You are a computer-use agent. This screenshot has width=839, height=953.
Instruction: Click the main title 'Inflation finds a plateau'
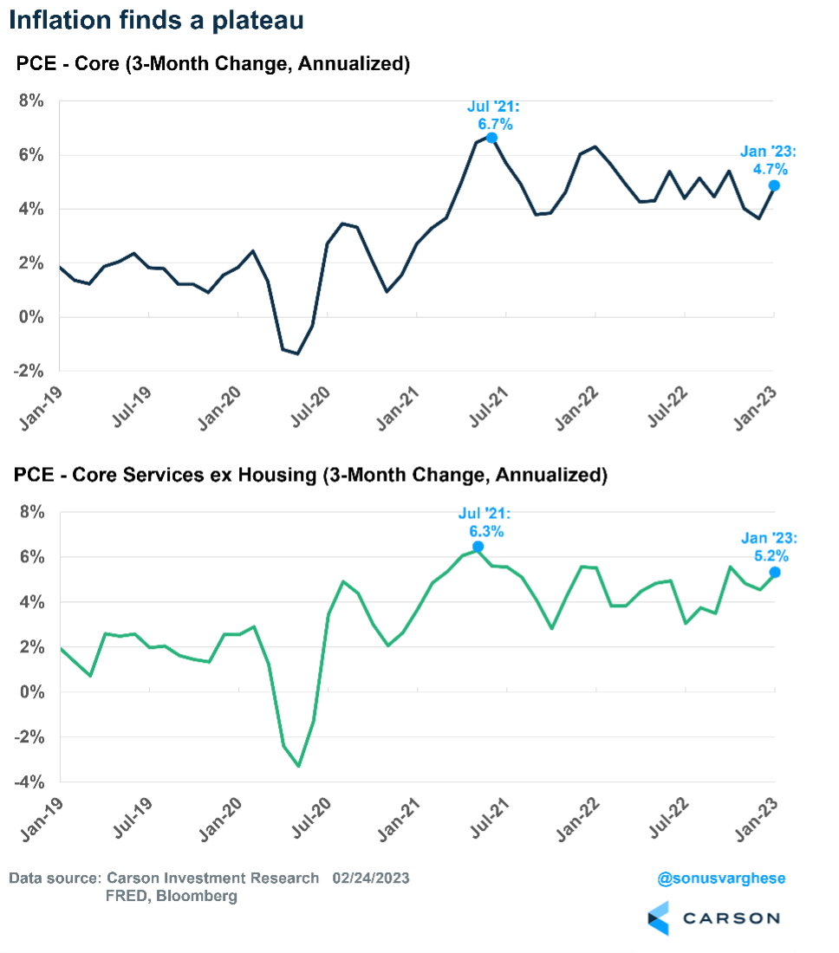pos(157,20)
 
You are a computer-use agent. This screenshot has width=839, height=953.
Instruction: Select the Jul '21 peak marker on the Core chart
pos(491,138)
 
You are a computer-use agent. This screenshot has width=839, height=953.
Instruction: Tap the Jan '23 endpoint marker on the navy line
pos(774,185)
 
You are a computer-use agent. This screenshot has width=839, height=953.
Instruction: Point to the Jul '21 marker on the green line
pos(478,547)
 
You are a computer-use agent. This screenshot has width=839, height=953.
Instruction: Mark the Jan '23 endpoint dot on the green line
pos(774,572)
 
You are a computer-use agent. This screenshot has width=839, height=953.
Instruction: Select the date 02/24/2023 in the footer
pos(371,878)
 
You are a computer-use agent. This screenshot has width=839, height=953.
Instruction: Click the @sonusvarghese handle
pos(721,878)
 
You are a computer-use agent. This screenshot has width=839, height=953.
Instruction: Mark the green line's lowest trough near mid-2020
pos(299,766)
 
